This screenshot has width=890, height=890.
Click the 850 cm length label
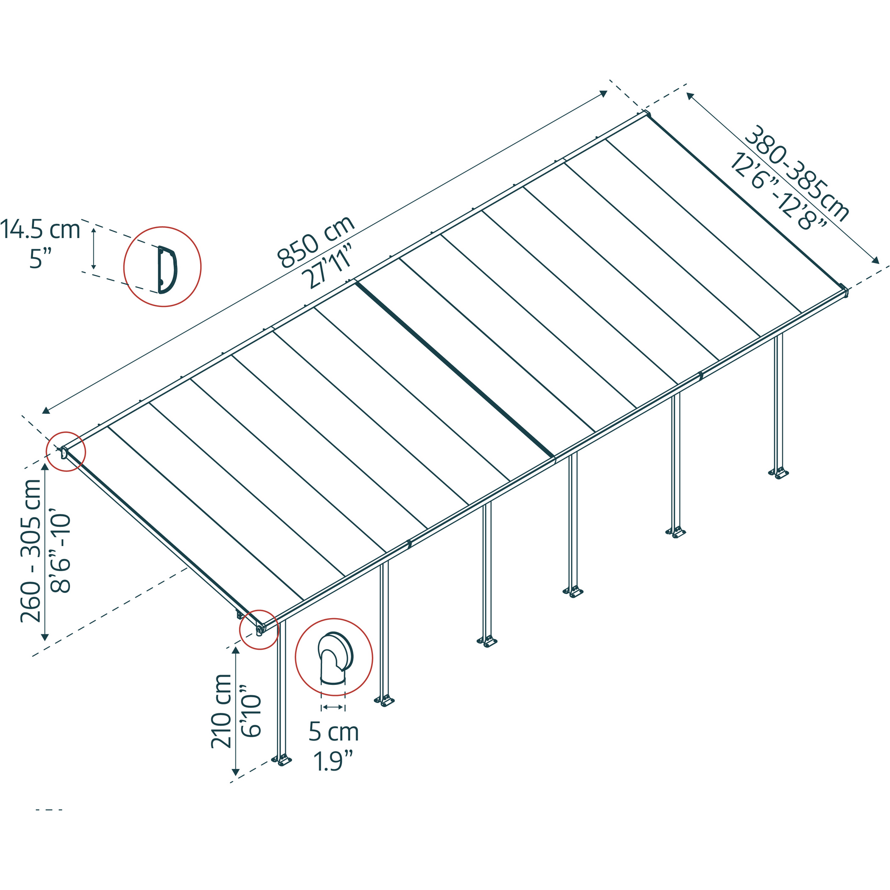point(316,243)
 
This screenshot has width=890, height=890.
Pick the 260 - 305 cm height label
point(31,551)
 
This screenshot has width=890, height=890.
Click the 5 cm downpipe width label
point(333,732)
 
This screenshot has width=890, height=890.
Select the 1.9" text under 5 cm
point(333,761)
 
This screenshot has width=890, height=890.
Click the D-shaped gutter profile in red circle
point(167,270)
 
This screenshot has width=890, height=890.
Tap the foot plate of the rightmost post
point(778,473)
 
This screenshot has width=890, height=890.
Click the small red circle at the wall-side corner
point(66,451)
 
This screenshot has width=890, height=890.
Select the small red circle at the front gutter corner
point(259,629)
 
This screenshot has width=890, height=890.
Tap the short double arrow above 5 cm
point(332,707)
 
